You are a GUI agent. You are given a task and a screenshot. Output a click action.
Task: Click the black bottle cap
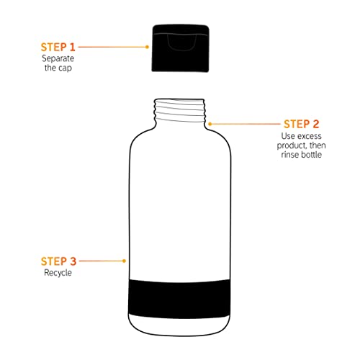coord(181,48)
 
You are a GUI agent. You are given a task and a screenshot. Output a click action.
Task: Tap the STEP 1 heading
coord(58,47)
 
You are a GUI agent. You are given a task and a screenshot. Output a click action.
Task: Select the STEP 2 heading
coord(302,124)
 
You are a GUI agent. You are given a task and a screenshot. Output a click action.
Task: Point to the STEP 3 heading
coord(58,261)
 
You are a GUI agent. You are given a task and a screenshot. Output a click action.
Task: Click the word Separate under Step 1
coord(58,58)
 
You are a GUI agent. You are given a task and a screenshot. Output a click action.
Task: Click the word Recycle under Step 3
coord(58,273)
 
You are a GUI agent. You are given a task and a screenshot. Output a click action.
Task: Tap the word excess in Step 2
coord(309,136)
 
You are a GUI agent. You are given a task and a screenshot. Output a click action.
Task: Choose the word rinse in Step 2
coord(290,154)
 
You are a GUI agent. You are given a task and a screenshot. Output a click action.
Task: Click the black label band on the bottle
coord(179,299)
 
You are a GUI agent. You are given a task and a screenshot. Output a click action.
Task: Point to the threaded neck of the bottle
coord(180,111)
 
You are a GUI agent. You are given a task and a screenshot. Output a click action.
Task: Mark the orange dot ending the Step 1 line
coord(147,47)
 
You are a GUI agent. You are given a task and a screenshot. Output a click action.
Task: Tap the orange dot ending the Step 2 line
coord(210,124)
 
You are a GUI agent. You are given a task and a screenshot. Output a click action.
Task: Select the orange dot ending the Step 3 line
coord(124,261)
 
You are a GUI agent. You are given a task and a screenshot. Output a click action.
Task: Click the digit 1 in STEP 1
coord(73,47)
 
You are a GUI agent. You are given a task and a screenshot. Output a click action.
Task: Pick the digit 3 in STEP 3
coord(73,261)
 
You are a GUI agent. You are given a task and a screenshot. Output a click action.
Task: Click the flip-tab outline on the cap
coord(181,42)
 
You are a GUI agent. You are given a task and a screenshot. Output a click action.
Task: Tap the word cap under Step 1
coord(65,68)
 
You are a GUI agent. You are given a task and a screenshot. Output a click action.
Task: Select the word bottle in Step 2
coord(312,154)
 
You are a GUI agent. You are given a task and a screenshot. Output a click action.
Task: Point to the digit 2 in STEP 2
coord(316,124)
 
